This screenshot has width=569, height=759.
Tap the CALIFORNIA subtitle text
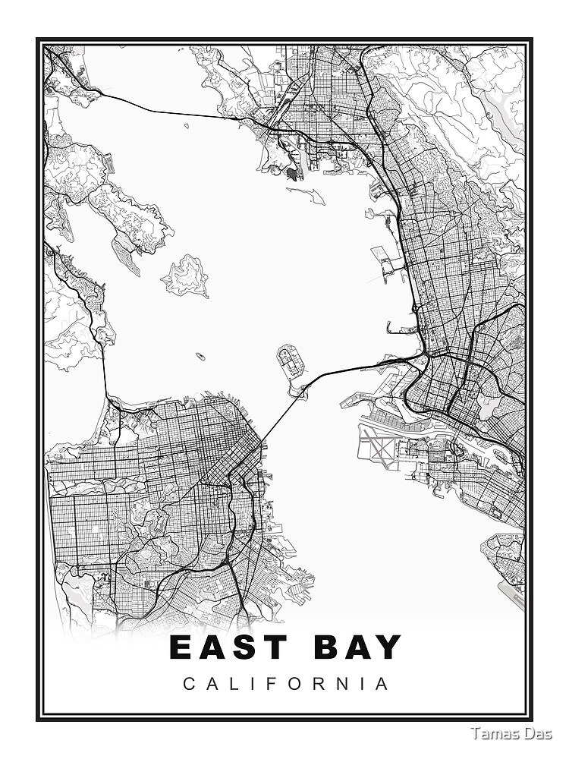(286, 684)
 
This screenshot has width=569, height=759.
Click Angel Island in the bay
(185, 276)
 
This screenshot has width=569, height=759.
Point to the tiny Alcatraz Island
(200, 356)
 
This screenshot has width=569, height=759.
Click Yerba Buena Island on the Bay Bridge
(299, 391)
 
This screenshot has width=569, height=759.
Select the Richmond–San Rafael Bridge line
(174, 111)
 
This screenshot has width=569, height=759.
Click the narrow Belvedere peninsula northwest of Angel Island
(125, 250)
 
